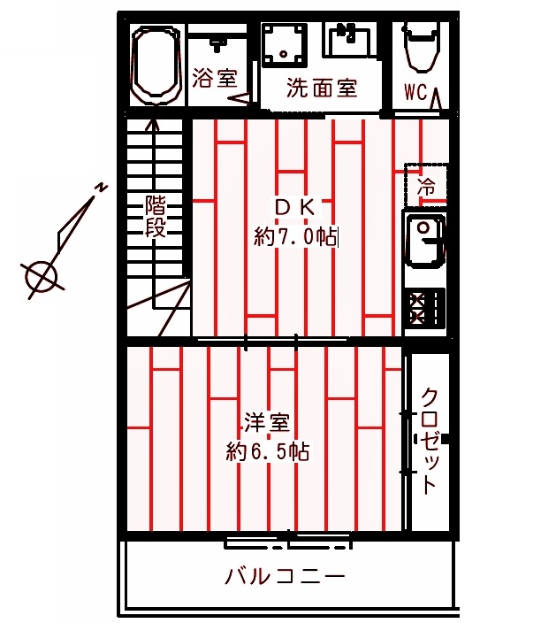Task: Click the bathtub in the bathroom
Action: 154,65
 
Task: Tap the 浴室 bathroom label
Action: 215,78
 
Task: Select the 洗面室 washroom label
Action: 321,88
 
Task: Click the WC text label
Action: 416,92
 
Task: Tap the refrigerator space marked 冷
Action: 426,186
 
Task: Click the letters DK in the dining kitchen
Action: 294,206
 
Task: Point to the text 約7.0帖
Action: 295,236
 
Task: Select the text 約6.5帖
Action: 266,451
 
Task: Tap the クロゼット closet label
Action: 429,440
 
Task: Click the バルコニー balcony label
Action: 284,576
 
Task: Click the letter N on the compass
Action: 102,187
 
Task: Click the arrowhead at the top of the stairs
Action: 153,123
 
